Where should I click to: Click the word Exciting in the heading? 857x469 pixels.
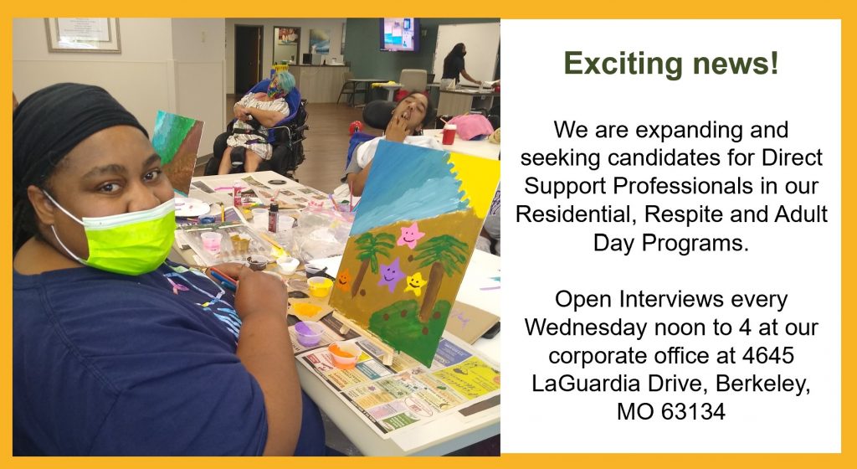coord(623,64)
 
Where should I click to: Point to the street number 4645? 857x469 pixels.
coord(768,355)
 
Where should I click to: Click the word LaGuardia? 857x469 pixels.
coord(585,384)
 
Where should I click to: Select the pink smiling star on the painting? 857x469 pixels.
coord(410,235)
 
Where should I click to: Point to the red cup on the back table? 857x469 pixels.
coord(449,133)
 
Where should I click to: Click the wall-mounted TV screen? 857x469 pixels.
coord(399,34)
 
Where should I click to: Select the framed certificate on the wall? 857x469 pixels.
coord(83,34)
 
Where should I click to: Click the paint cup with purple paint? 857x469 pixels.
coord(308,332)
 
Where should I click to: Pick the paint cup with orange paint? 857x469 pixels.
coord(343,353)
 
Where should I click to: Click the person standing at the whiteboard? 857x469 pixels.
coord(456,65)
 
